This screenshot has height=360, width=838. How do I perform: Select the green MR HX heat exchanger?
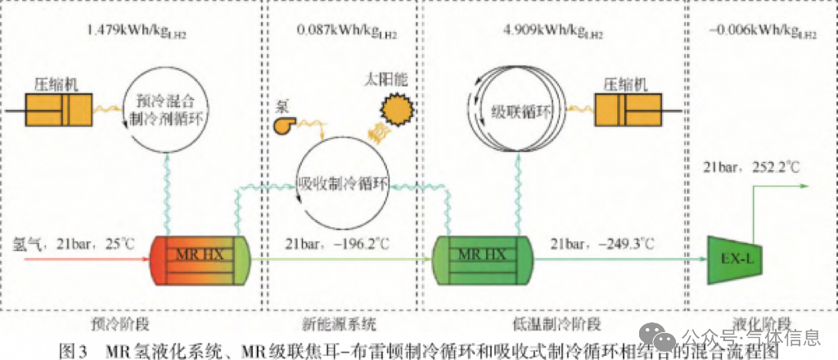coord(483,256)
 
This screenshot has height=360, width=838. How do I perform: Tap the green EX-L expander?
coord(735,256)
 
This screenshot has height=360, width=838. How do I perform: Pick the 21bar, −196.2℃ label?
coord(337,242)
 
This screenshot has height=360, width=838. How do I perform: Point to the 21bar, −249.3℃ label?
coord(603,242)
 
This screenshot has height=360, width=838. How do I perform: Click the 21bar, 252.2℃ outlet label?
coord(751,169)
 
